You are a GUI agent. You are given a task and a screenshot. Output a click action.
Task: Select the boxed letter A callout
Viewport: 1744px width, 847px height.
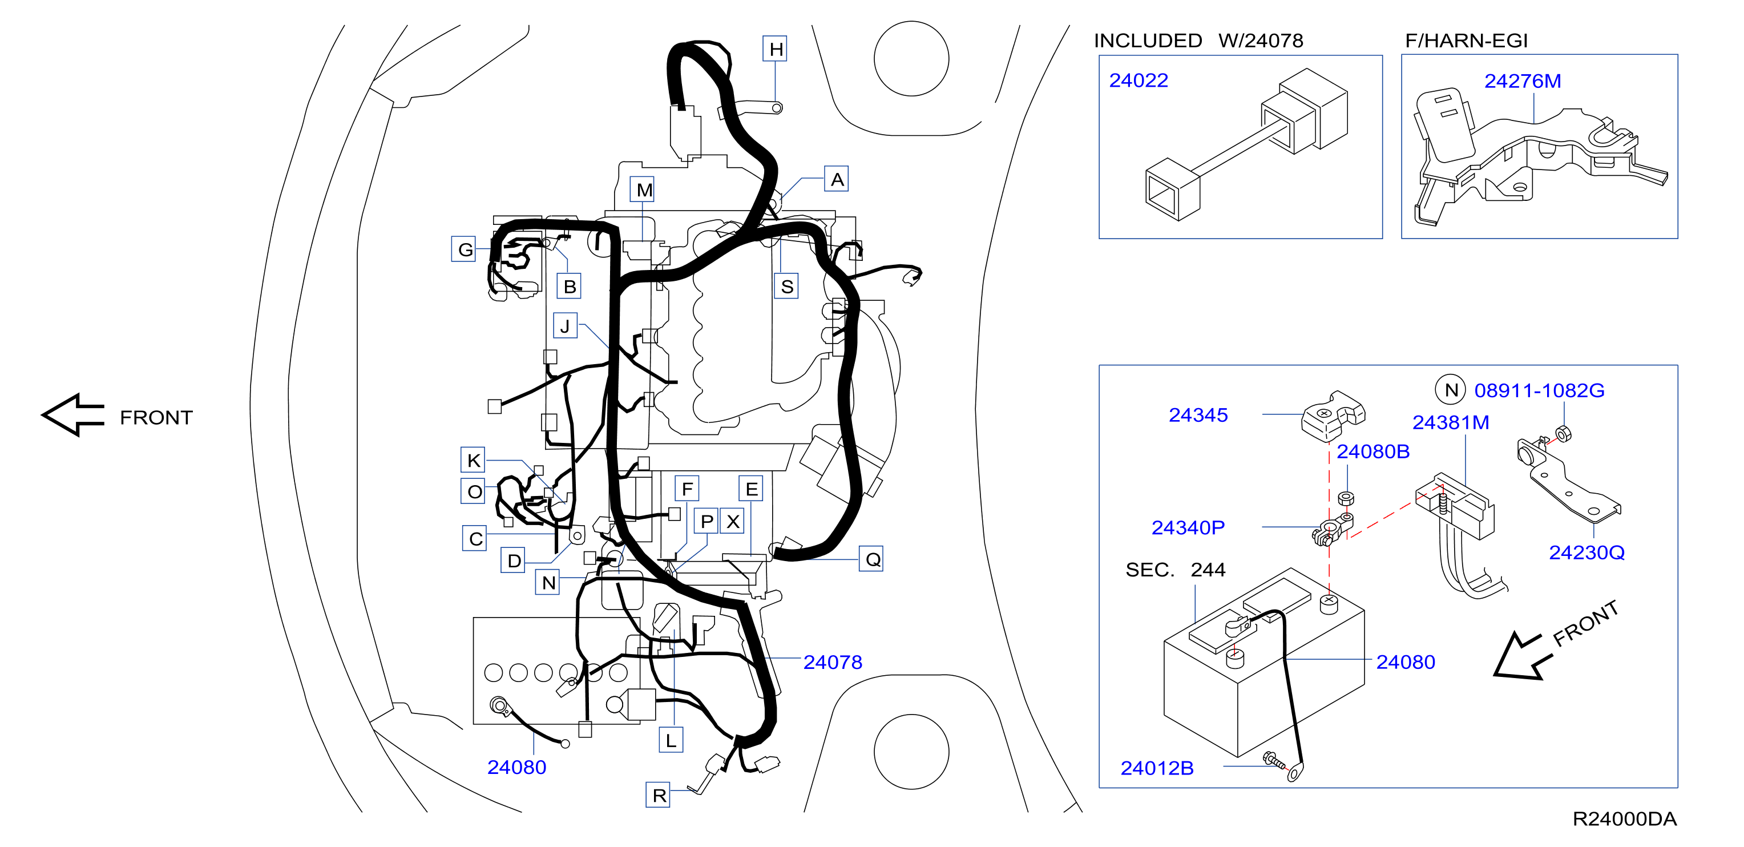836,179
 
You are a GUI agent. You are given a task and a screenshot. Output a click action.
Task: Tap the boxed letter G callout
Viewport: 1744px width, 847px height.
464,249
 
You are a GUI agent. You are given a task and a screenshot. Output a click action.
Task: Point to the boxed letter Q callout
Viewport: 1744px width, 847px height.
871,559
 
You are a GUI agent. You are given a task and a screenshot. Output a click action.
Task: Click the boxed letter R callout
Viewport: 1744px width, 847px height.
658,795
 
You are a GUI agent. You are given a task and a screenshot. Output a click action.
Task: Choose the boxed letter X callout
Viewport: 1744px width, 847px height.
732,521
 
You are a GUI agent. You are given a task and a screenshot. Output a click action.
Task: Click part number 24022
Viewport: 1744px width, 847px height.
1138,80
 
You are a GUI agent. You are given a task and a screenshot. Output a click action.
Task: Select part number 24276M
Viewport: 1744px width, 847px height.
1523,81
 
